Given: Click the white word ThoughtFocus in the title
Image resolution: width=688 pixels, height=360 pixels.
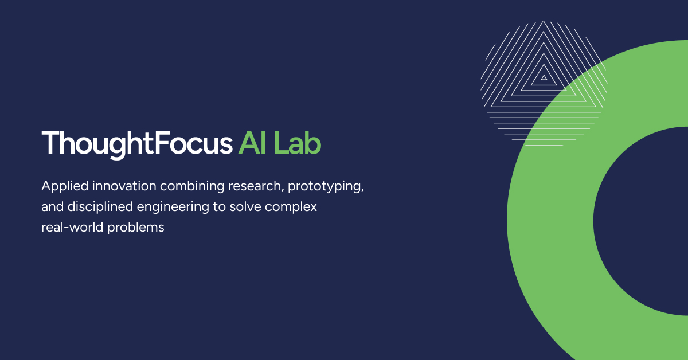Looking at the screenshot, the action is [137, 144].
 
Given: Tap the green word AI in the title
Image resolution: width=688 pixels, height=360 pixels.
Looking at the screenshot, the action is [252, 143].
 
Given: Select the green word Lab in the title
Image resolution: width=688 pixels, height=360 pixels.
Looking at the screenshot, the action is [298, 143].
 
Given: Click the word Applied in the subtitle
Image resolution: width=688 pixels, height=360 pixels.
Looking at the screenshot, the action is [65, 187].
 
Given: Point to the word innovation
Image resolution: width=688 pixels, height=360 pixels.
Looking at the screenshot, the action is [124, 186].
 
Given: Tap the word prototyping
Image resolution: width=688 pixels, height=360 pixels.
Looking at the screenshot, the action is [325, 187].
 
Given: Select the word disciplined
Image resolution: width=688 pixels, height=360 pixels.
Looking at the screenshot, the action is [100, 208].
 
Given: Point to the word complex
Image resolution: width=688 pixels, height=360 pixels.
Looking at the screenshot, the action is [291, 208].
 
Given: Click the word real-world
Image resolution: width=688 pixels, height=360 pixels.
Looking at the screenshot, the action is [72, 228].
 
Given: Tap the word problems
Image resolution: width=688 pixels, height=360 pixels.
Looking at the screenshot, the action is [135, 228].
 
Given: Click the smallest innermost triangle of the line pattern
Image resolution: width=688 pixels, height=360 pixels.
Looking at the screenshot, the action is [544, 78].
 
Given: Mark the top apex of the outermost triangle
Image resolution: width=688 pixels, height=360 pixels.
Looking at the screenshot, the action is [544, 22].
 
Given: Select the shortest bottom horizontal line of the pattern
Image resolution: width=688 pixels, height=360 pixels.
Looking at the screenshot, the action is [544, 145].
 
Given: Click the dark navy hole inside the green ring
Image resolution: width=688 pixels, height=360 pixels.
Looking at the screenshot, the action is [642, 221].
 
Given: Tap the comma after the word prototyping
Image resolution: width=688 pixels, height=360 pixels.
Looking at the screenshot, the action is [362, 190].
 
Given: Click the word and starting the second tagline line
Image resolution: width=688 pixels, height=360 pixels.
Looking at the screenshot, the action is [52, 207].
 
